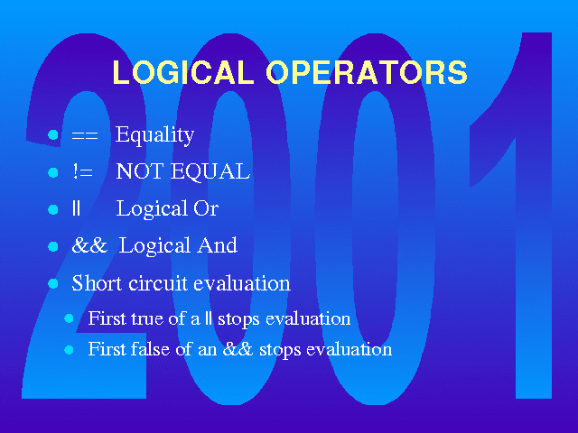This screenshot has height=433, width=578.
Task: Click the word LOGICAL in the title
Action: [x=183, y=72]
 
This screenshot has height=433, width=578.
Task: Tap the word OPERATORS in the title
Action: [x=367, y=72]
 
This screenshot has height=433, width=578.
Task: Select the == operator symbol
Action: [x=85, y=135]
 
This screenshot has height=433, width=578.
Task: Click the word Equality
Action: [x=154, y=135]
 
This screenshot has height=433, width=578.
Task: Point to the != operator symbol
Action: [x=82, y=171]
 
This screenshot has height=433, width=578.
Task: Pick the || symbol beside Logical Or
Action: [x=76, y=208]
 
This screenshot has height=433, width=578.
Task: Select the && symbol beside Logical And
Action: [x=89, y=245]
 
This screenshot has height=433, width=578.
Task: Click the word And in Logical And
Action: [x=217, y=245]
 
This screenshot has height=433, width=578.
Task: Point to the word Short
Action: [x=97, y=282]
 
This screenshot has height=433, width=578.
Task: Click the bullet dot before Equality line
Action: [x=53, y=134]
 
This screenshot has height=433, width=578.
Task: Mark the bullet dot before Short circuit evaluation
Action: [x=53, y=283]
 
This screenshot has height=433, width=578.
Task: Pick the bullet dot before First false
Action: [x=69, y=349]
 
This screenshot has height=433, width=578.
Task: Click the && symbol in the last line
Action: [x=238, y=349]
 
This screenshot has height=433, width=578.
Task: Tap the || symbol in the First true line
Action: [x=209, y=318]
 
